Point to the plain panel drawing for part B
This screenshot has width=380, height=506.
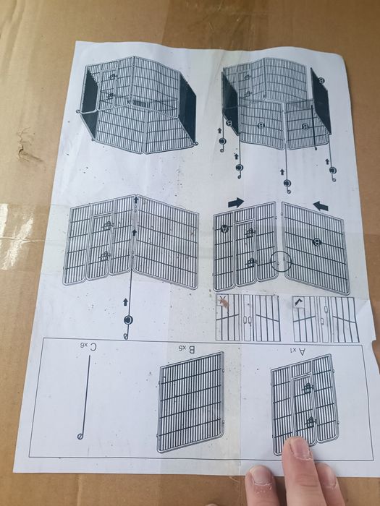point(190,404)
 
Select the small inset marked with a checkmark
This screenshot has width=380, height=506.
point(324,317)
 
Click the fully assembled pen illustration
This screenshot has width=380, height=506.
point(139,105)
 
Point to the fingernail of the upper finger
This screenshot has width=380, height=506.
point(298,449)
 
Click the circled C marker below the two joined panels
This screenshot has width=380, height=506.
point(127,320)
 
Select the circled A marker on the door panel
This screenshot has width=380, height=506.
point(225,228)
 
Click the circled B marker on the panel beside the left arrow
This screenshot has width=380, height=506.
point(316,240)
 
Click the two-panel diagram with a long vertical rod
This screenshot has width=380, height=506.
point(132,246)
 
